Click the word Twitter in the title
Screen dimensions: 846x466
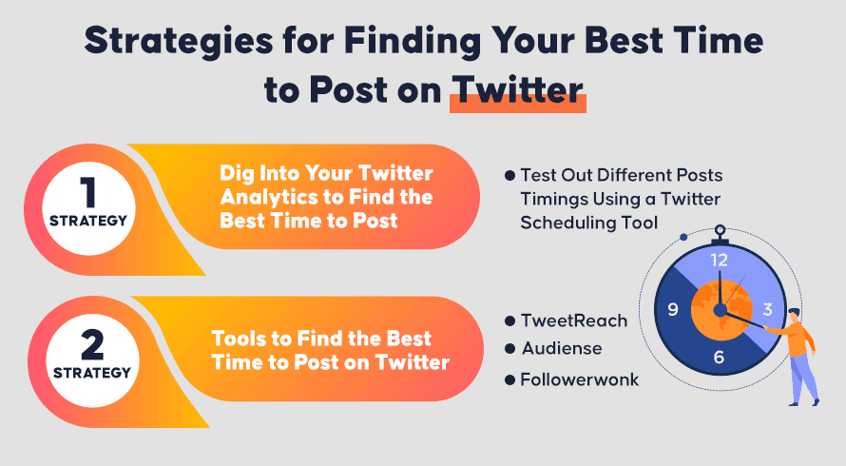pos(518,89)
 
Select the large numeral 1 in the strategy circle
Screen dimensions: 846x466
pos(88,193)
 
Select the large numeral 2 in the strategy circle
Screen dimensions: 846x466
pos(92,345)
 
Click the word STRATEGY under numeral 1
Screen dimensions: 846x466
pos(88,221)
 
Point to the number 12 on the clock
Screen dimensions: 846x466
pos(719,261)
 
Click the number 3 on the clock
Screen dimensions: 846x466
pos(767,309)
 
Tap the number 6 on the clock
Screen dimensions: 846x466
pos(719,357)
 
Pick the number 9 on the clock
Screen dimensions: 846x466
pos(673,309)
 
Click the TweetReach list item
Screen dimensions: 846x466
pos(574,320)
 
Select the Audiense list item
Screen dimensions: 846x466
pos(562,348)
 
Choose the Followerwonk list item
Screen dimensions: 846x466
pos(580,379)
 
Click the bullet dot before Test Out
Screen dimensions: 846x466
pos(510,176)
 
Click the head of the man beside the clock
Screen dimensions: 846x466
pos(793,315)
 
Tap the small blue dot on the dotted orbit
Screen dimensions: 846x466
pos(683,237)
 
